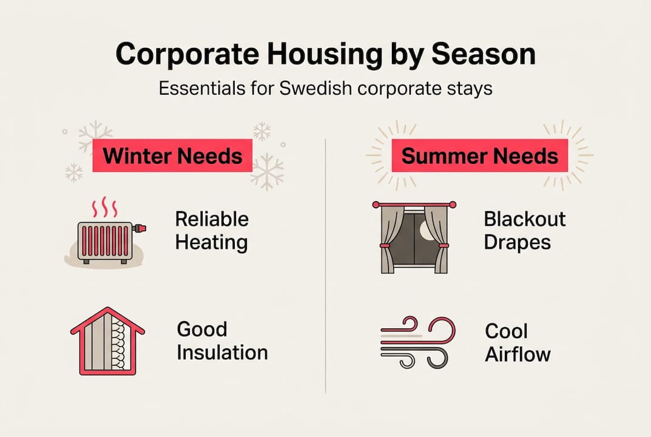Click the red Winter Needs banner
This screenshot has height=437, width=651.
click(172, 155)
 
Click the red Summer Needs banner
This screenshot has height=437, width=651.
click(479, 155)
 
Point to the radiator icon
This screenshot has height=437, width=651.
click(105, 242)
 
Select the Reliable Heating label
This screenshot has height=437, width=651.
click(212, 231)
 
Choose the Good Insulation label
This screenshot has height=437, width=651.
click(222, 340)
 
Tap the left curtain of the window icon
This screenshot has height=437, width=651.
click(388, 240)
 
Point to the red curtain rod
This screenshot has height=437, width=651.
click(414, 205)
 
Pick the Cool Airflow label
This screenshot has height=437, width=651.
click(517, 342)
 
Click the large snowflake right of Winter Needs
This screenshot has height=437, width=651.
click(267, 171)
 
